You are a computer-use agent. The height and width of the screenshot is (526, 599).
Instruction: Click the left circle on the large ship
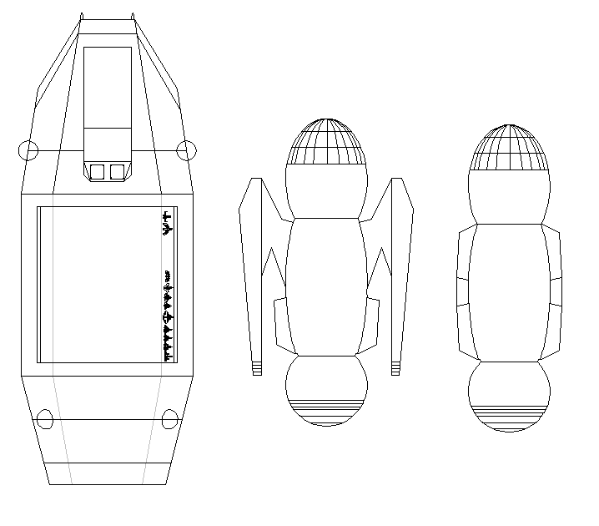(x=28, y=151)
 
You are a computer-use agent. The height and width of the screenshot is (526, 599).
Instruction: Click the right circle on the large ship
(x=187, y=151)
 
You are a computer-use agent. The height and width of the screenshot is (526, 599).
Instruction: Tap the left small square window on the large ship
(x=98, y=172)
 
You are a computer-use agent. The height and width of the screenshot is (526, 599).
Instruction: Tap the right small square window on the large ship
(x=118, y=172)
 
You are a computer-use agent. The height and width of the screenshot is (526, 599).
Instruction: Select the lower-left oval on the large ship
(x=45, y=419)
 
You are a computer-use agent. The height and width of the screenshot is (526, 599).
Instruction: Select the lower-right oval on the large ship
(x=170, y=419)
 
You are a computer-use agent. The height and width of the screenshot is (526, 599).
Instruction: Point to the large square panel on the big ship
(x=100, y=284)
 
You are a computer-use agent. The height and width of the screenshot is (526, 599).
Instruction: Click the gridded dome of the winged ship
(x=326, y=144)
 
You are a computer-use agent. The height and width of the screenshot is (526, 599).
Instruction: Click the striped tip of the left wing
(x=257, y=367)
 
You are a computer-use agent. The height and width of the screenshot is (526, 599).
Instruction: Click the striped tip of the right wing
(x=396, y=367)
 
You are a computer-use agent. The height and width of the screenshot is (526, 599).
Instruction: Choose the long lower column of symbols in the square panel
(x=168, y=317)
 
